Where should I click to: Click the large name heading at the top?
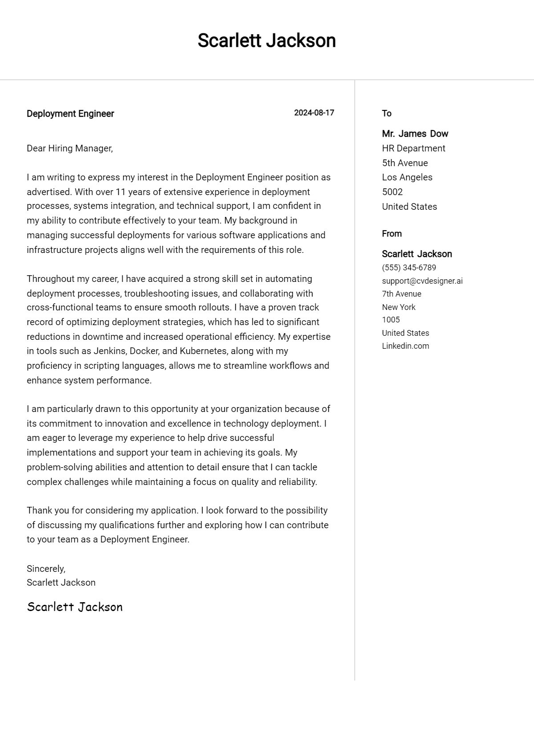pyautogui.click(x=267, y=41)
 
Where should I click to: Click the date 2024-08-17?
pyautogui.click(x=314, y=113)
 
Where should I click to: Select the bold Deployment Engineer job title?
pyautogui.click(x=70, y=114)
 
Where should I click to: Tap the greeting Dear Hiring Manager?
pyautogui.click(x=70, y=148)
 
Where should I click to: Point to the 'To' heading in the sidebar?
pyautogui.click(x=386, y=113)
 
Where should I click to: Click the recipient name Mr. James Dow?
pyautogui.click(x=415, y=134)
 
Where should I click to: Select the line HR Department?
pyautogui.click(x=413, y=148)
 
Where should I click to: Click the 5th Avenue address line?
pyautogui.click(x=405, y=163)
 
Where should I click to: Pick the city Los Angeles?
pyautogui.click(x=407, y=177)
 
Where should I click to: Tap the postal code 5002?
pyautogui.click(x=392, y=192)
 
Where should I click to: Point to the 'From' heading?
pyautogui.click(x=392, y=233)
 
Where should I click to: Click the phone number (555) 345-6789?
pyautogui.click(x=409, y=268)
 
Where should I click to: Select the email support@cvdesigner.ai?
pyautogui.click(x=422, y=281)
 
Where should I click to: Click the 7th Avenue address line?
pyautogui.click(x=401, y=294)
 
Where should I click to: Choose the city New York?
pyautogui.click(x=398, y=307)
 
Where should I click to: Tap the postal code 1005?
pyautogui.click(x=391, y=320)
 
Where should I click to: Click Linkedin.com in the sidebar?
pyautogui.click(x=405, y=346)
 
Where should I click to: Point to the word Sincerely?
pyautogui.click(x=46, y=569)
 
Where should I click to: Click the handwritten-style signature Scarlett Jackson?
pyautogui.click(x=75, y=607)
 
